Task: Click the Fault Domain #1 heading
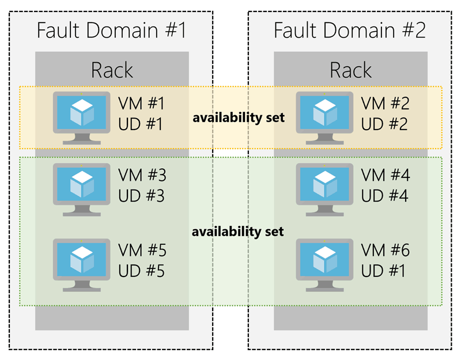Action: (112, 30)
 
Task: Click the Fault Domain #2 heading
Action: (350, 30)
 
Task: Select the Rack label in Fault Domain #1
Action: (112, 70)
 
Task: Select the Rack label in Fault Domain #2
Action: (350, 70)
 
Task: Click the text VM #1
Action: (141, 104)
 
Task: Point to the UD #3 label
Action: (141, 196)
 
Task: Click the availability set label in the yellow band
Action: (239, 118)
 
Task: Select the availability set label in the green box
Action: (239, 232)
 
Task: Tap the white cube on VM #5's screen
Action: (81, 257)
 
